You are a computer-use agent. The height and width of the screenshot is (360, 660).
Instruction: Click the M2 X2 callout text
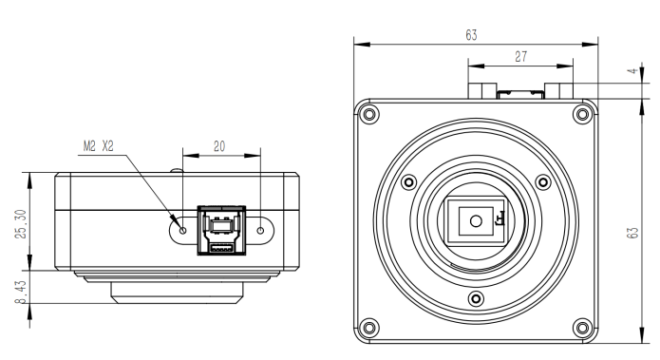[98, 146]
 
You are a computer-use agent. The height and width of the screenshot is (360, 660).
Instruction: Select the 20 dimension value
[219, 146]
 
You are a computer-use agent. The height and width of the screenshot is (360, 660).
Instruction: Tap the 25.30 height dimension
[21, 224]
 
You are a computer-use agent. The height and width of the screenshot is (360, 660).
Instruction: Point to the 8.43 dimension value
[21, 292]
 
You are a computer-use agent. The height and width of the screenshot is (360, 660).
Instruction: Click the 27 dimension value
[520, 56]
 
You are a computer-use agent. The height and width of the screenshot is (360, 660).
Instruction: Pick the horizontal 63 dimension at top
[471, 35]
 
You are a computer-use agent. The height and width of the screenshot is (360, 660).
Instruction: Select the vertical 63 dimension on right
[632, 233]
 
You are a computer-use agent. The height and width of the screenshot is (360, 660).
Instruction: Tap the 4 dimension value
[632, 71]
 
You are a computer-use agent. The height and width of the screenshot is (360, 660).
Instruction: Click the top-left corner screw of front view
[368, 114]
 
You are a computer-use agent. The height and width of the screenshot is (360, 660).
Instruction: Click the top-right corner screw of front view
[582, 114]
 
